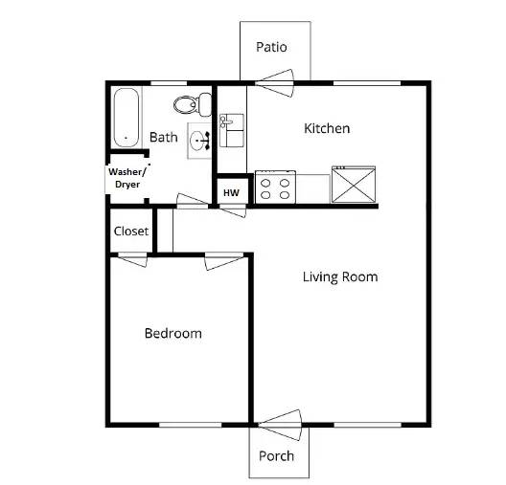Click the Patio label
click(272, 47)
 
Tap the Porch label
click(277, 455)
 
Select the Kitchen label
click(327, 128)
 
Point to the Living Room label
click(340, 277)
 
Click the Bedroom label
click(172, 334)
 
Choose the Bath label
click(163, 138)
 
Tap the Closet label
click(131, 231)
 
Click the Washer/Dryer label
click(126, 178)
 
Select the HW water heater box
click(231, 192)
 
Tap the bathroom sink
click(200, 142)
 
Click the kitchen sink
click(230, 130)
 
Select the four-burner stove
click(275, 187)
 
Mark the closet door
click(132, 258)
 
